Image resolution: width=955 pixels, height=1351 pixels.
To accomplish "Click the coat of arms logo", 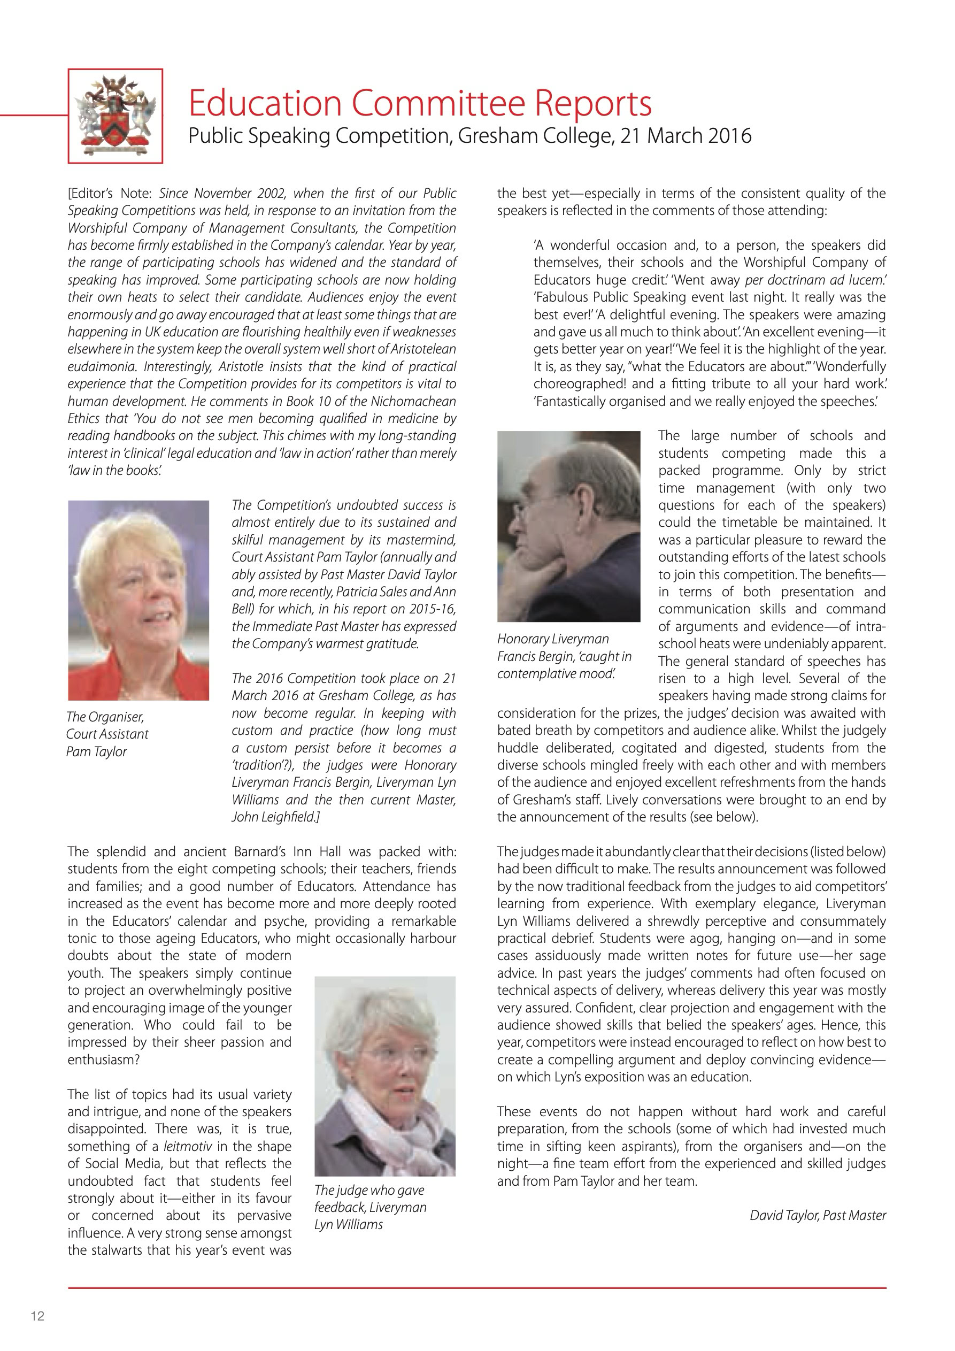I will [115, 116].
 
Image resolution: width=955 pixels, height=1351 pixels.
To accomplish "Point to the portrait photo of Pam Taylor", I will [138, 600].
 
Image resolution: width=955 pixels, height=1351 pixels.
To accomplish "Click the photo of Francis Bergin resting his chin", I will [568, 526].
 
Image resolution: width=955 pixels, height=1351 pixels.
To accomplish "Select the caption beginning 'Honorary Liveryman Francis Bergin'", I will [564, 656].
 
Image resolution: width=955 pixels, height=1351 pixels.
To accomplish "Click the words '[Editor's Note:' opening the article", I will [110, 194].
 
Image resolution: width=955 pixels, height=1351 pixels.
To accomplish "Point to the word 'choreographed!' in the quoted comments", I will [579, 384].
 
